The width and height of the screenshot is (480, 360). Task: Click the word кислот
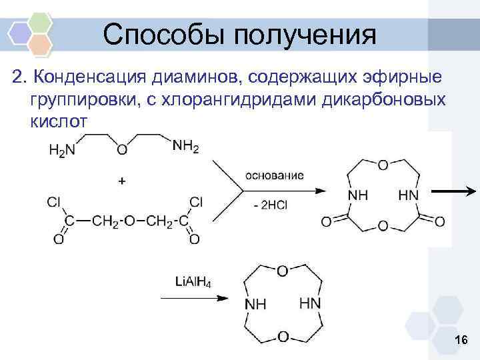coord(58,123)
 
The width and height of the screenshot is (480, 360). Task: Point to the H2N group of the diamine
coord(61,151)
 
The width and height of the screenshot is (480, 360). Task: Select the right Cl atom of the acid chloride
coord(196,201)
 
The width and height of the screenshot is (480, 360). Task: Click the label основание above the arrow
coord(275,175)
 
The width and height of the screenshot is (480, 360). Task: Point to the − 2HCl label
coord(270,205)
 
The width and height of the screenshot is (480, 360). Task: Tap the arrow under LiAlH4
coord(193,298)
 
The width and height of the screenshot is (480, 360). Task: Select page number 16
coord(460,341)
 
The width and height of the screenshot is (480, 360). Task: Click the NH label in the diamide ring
coord(359,194)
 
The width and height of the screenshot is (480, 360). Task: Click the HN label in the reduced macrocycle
coord(310,303)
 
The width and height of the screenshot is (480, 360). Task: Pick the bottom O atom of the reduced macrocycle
coord(283,337)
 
